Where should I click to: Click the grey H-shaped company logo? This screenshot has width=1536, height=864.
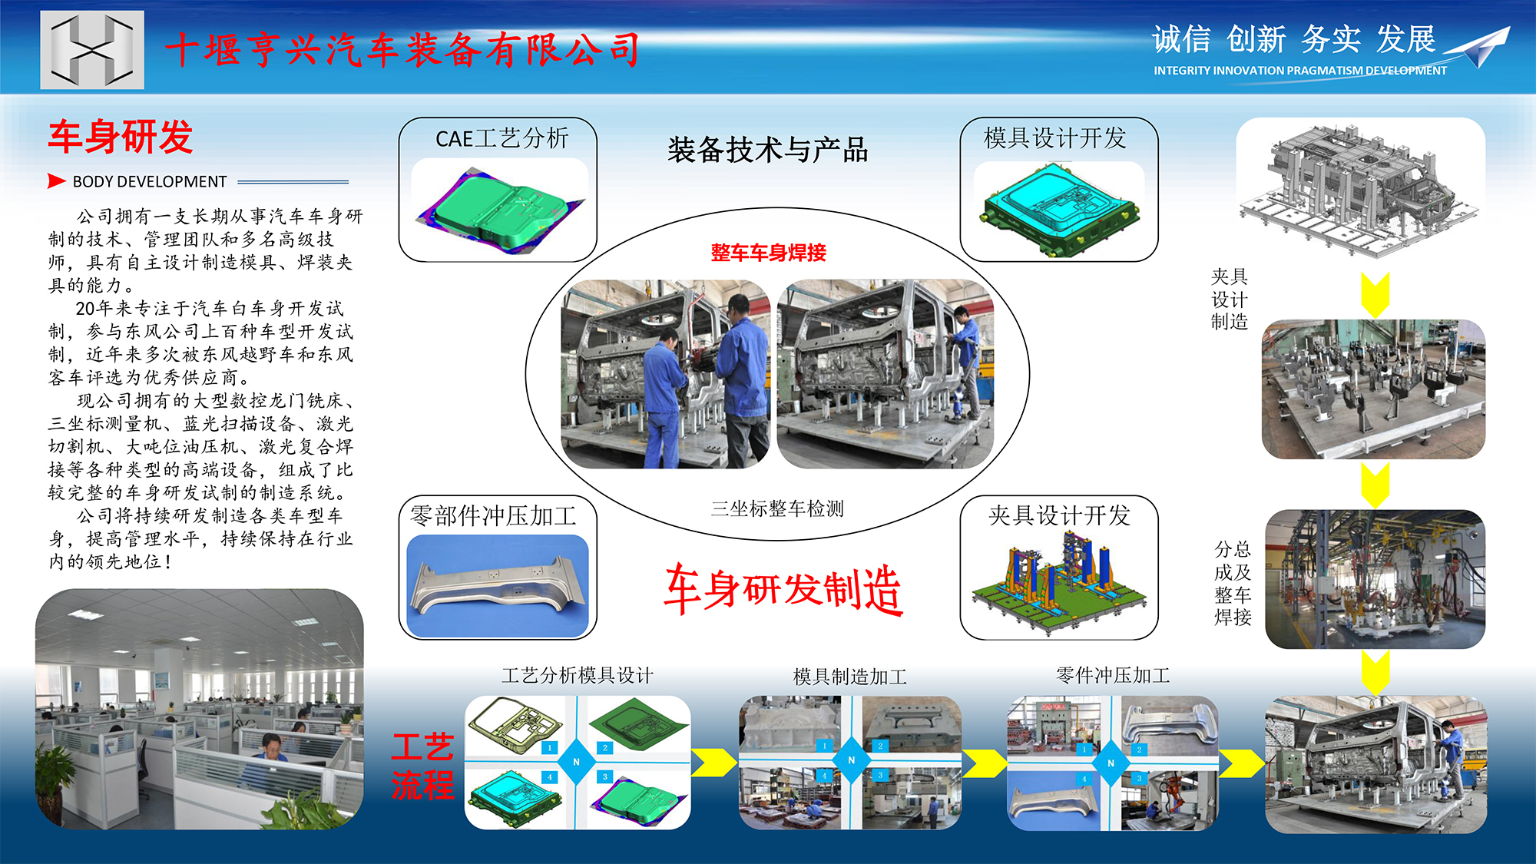(92, 50)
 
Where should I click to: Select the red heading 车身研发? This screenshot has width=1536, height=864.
(121, 137)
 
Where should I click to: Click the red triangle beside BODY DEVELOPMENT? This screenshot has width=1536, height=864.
(56, 181)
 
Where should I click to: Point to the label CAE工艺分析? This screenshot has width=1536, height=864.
(502, 138)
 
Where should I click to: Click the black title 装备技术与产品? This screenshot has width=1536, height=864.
(768, 150)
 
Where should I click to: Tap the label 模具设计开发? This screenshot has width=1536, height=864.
(1055, 138)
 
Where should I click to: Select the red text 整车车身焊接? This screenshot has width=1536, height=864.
(769, 253)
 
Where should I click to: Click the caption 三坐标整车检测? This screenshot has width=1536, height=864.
(777, 508)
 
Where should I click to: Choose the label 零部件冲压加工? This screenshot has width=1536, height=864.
(493, 515)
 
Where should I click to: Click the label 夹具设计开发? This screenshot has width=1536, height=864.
(1059, 515)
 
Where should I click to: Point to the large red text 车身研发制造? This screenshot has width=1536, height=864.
(783, 589)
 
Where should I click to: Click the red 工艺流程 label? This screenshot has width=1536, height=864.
(422, 766)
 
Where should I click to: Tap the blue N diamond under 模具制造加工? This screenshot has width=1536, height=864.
(851, 760)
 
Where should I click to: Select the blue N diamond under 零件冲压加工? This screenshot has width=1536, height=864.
(1111, 763)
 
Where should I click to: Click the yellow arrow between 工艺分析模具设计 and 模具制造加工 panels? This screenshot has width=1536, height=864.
(713, 763)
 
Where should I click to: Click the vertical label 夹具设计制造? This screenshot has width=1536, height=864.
(1230, 300)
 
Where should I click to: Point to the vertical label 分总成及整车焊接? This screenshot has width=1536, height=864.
(1233, 584)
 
